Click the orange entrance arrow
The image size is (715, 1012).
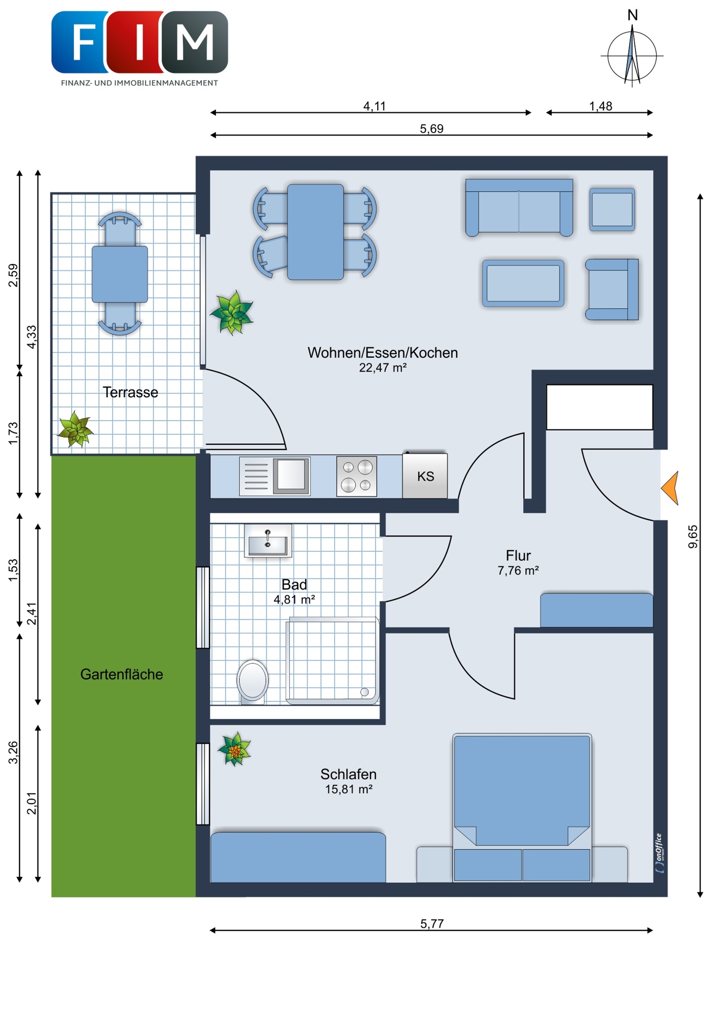click(x=671, y=488)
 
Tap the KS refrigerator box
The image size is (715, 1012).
click(x=425, y=475)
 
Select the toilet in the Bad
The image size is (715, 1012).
click(x=252, y=682)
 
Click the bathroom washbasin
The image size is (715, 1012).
click(x=268, y=541)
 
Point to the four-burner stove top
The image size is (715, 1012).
click(x=357, y=476)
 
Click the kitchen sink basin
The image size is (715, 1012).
click(x=291, y=475)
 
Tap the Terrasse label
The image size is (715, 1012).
click(x=130, y=392)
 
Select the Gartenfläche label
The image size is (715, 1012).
click(x=122, y=674)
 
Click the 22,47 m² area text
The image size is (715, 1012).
click(x=383, y=368)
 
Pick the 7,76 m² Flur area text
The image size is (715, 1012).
click(x=518, y=570)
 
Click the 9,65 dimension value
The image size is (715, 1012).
click(x=693, y=537)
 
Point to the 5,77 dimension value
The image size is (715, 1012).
click(x=432, y=923)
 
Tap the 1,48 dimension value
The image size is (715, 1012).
click(x=601, y=106)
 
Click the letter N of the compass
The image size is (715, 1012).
click(x=633, y=16)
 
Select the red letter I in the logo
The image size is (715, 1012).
click(x=140, y=42)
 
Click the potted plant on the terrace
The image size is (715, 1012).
click(x=75, y=429)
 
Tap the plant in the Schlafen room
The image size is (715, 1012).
click(x=235, y=749)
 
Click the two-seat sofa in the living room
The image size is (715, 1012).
click(x=519, y=207)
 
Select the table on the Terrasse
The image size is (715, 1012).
click(x=120, y=274)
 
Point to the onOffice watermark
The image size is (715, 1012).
click(x=659, y=853)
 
